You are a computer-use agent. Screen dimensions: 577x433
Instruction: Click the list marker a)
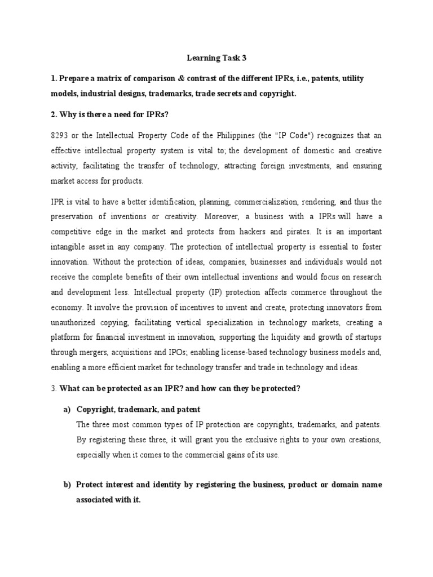(x=67, y=409)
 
